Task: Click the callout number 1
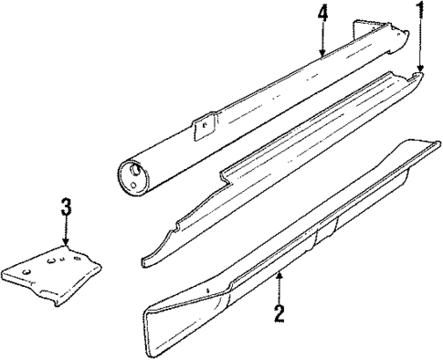point(421,12)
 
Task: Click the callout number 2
point(280,314)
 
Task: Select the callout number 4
point(322,14)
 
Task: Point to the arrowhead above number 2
point(280,271)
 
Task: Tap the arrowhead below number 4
point(322,54)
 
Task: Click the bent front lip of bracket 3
point(46,292)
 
